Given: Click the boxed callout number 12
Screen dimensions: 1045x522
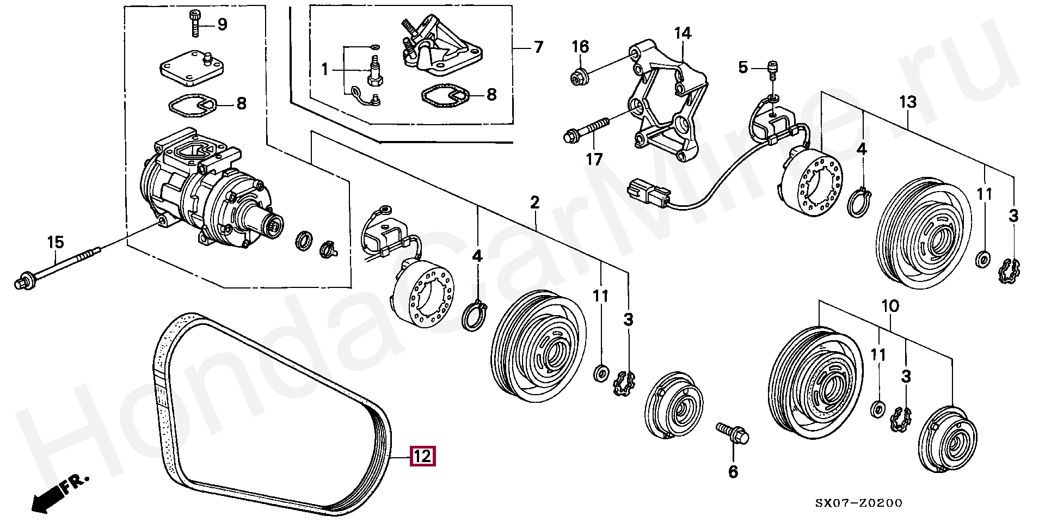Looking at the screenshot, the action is coord(423,456).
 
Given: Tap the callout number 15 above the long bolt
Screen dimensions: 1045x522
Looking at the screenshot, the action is coord(56,242).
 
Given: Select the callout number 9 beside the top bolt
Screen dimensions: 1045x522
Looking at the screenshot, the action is coord(222,24).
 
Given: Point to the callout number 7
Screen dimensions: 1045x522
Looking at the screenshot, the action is coord(538,47).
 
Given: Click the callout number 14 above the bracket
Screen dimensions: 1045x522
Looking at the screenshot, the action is coord(683,34).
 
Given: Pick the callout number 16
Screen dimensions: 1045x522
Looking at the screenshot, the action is coord(580,47).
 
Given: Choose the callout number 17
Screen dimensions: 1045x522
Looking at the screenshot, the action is coord(594,159).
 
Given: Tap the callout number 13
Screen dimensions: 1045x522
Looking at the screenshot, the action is coord(908,102).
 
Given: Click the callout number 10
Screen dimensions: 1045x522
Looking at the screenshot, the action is coord(890,306).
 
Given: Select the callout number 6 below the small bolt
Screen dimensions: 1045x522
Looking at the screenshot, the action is coord(733,471).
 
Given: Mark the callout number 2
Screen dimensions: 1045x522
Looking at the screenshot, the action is coord(535,203).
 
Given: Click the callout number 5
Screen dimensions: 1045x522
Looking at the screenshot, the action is coord(743,67).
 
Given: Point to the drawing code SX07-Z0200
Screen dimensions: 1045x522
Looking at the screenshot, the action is coord(859,503).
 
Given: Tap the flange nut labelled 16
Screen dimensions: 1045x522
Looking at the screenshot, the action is coord(578,77).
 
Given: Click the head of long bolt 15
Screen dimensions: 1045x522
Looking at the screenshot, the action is coord(23,282).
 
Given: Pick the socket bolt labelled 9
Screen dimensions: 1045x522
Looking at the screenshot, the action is coord(195,23).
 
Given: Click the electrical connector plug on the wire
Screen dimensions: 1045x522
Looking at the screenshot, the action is coord(648,194).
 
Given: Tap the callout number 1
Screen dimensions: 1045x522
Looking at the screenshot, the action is coord(325,70).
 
